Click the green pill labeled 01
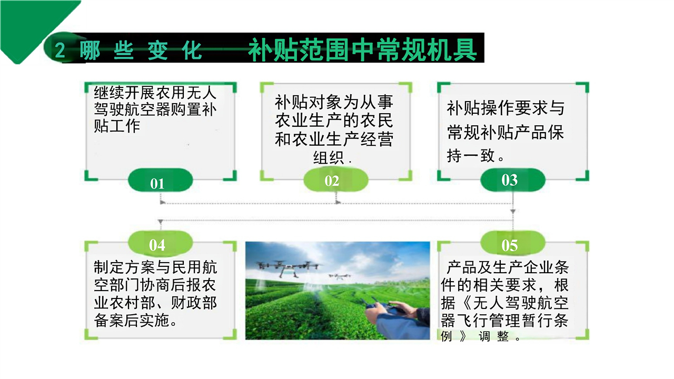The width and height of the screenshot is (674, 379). coord(160,180)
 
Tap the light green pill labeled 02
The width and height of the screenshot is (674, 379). coord(336,180)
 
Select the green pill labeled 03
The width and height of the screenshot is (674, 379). coord(513,180)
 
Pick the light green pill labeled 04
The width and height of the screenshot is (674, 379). coord(160,244)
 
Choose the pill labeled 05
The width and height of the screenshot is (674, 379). coord(513,244)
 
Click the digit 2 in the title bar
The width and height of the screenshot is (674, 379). coord(60,50)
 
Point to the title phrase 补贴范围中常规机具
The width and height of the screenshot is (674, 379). coord(362,49)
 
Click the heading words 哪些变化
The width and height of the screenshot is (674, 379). coord(140,50)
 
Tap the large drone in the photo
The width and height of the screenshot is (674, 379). coord(287,267)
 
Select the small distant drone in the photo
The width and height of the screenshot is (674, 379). coord(340,276)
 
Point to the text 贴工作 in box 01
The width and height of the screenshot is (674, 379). coord(117,126)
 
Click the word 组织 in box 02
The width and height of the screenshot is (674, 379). coord(329,157)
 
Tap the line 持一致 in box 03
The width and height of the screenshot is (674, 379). coord(475,156)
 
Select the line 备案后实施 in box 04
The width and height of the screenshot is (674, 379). coord(135,321)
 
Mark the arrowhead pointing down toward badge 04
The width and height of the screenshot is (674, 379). coord(161,222)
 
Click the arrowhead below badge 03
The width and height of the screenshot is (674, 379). coord(513,212)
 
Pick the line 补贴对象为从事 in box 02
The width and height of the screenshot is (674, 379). coord(334,103)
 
